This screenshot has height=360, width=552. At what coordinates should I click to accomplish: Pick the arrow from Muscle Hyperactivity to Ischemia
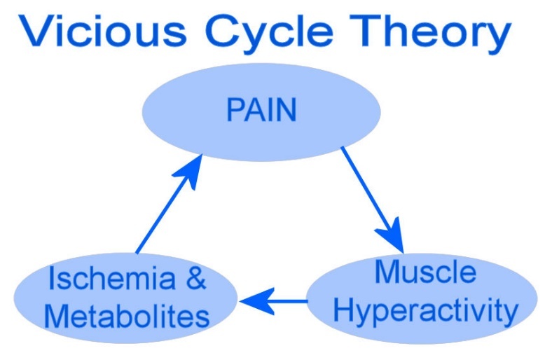pyautogui.click(x=275, y=301)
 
